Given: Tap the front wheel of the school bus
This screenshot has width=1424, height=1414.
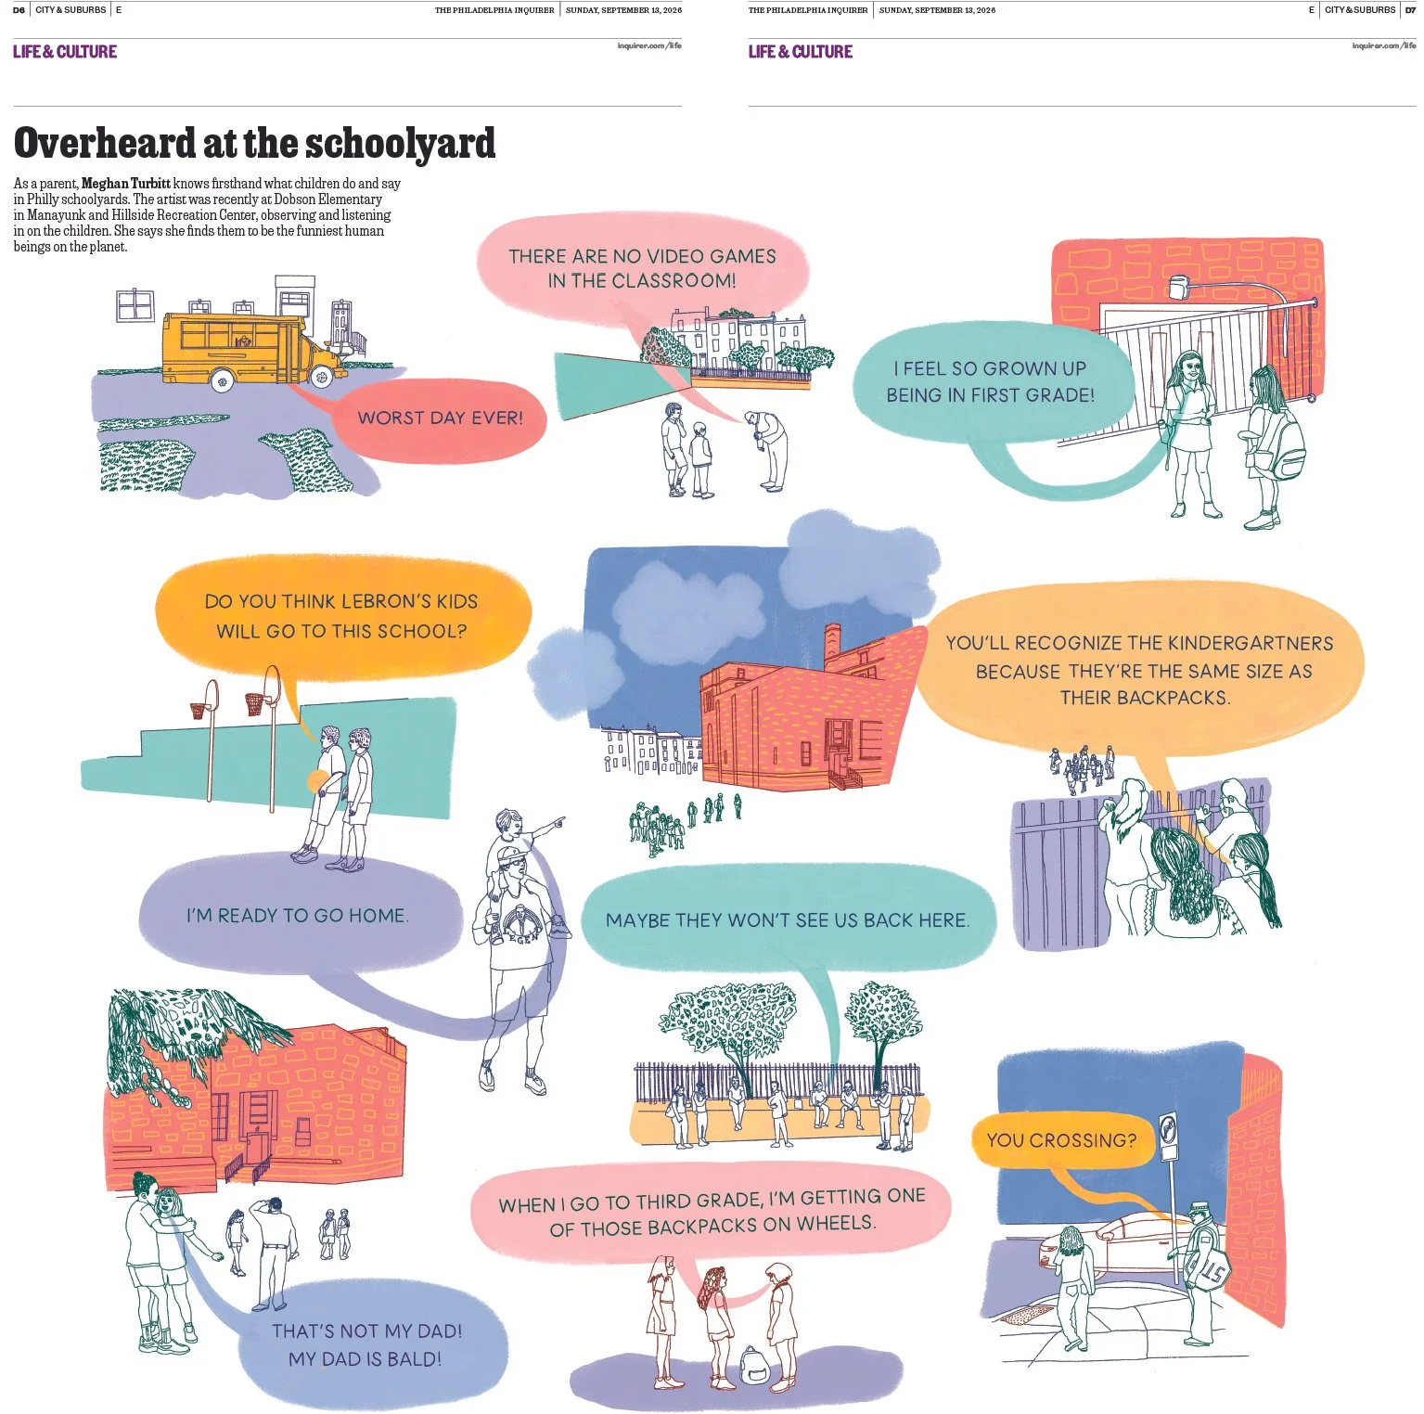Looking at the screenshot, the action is (x=321, y=376).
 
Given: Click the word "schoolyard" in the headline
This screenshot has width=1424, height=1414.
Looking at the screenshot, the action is (x=400, y=143).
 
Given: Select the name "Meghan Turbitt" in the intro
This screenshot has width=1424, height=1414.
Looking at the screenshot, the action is (x=126, y=184).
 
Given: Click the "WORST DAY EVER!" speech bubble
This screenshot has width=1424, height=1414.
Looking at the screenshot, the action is (x=440, y=419).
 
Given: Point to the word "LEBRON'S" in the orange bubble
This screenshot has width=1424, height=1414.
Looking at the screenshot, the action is (x=392, y=601).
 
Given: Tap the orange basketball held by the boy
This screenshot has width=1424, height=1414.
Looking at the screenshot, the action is (x=317, y=781).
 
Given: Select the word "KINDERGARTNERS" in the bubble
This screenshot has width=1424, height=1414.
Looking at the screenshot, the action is (x=1250, y=643).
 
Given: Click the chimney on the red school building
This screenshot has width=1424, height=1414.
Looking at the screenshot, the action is (x=832, y=646).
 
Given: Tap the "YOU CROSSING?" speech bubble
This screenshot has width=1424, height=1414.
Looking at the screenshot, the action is (x=1062, y=1140).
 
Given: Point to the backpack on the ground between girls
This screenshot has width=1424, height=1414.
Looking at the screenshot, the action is (x=753, y=1364).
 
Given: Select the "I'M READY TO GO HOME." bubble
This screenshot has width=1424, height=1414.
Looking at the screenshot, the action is (x=299, y=916).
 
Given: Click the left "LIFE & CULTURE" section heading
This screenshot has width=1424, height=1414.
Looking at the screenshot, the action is (x=65, y=52).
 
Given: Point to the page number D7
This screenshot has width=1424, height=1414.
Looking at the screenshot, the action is (x=1410, y=10).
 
